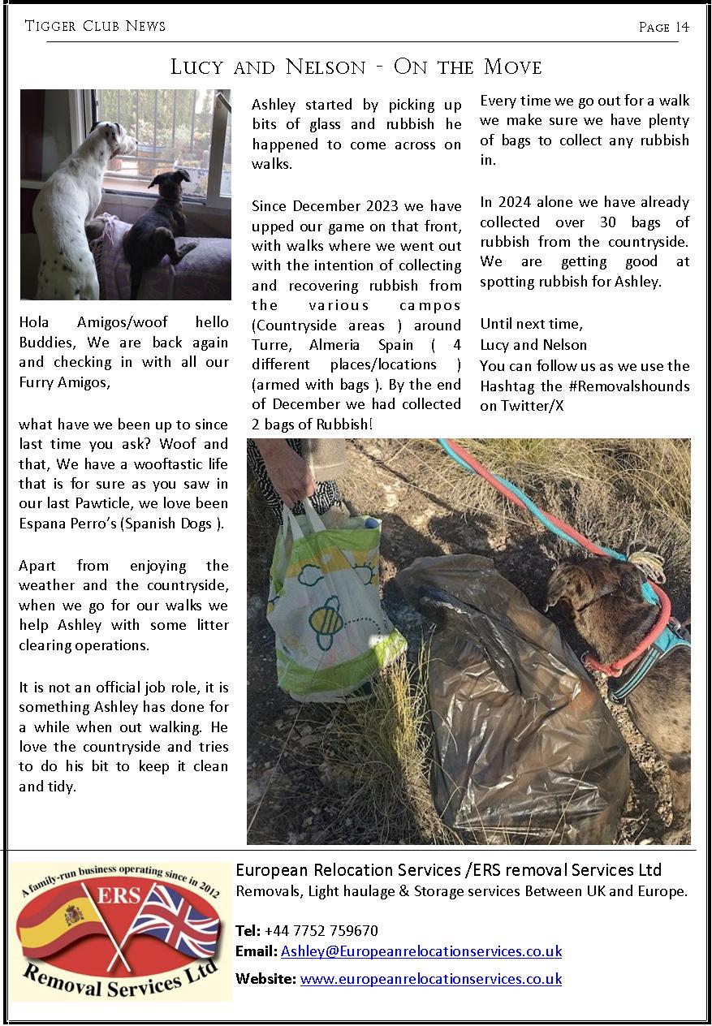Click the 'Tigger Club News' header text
(95, 26)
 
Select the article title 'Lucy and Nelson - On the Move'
(356, 67)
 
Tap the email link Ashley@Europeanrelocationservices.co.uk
(421, 951)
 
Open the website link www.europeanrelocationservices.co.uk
(430, 979)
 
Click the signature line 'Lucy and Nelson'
(533, 345)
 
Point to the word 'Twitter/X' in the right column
(521, 405)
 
